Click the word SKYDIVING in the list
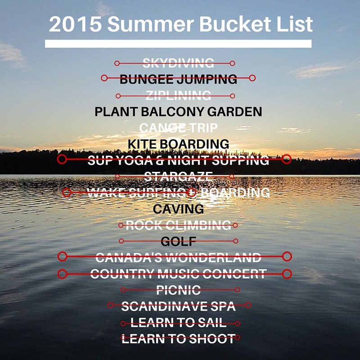(x=178, y=63)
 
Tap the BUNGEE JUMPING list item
(x=178, y=79)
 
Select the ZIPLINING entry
(x=178, y=95)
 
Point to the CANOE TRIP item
(x=178, y=128)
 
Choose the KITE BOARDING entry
(x=178, y=144)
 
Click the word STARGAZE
(x=178, y=176)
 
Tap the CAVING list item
(x=178, y=209)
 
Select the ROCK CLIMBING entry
(x=178, y=225)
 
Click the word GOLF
(x=178, y=241)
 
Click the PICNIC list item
(x=178, y=290)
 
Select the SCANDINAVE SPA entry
(x=178, y=306)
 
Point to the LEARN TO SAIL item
(x=178, y=323)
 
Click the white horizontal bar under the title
(x=178, y=44)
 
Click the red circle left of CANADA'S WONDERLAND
(x=63, y=256)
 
